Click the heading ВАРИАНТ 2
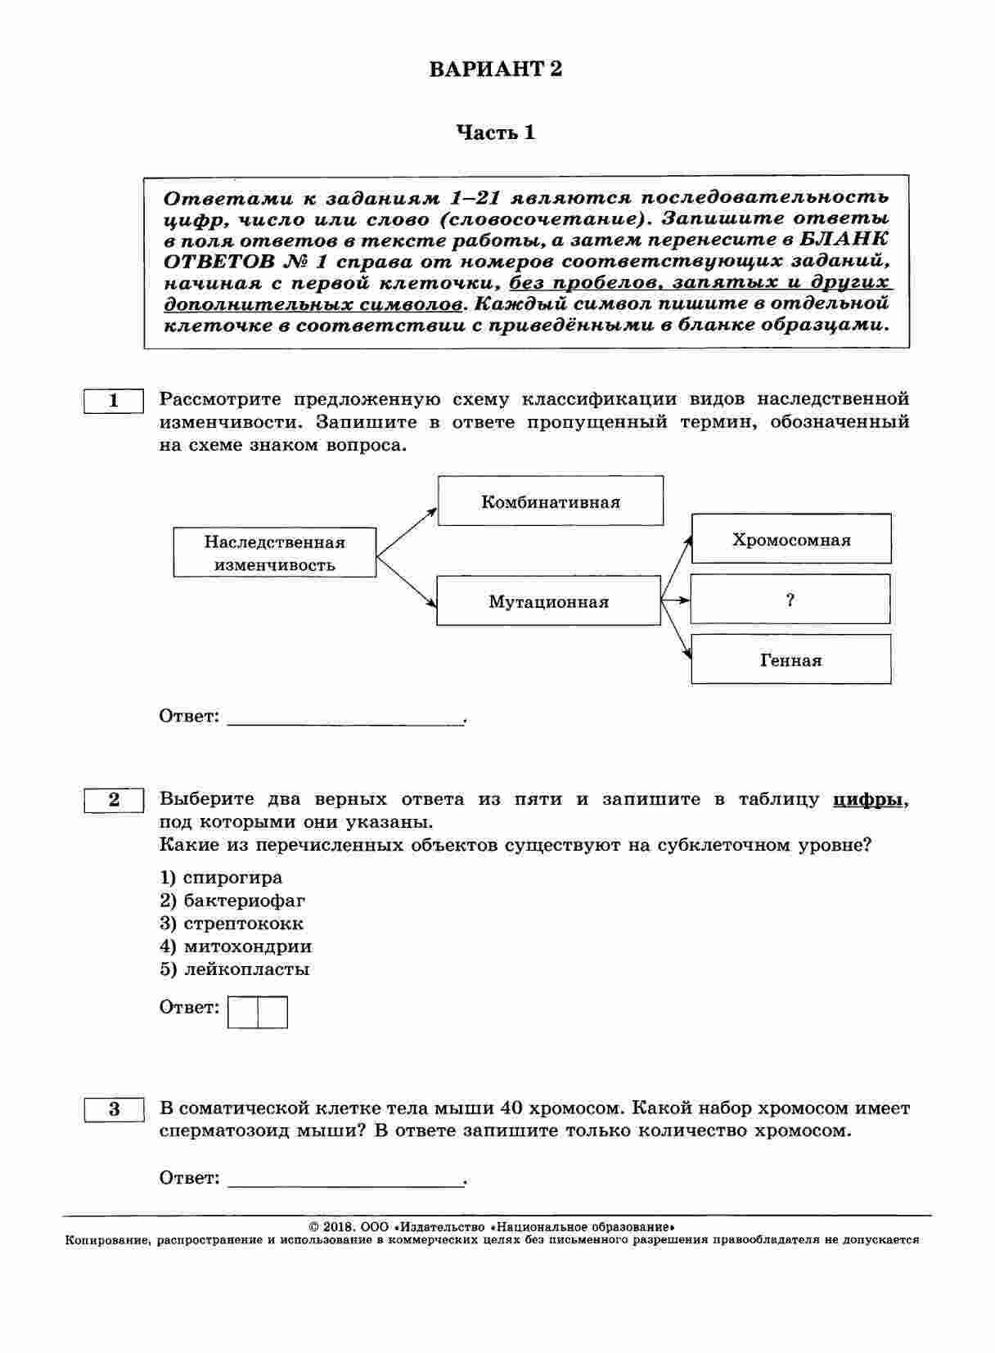tap(496, 69)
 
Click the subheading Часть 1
tap(496, 133)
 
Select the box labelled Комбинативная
tap(550, 501)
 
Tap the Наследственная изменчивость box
tap(274, 553)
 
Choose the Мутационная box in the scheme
tap(548, 601)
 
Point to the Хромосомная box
tap(790, 539)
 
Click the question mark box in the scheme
tap(790, 600)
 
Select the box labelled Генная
tap(790, 659)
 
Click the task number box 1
tap(114, 401)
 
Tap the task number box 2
tap(114, 800)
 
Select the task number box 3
tap(114, 1109)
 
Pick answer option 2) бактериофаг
tap(232, 901)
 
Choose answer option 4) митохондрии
tap(236, 946)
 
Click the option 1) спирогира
tap(221, 878)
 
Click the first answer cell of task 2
tap(243, 1012)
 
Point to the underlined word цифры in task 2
tap(869, 800)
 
